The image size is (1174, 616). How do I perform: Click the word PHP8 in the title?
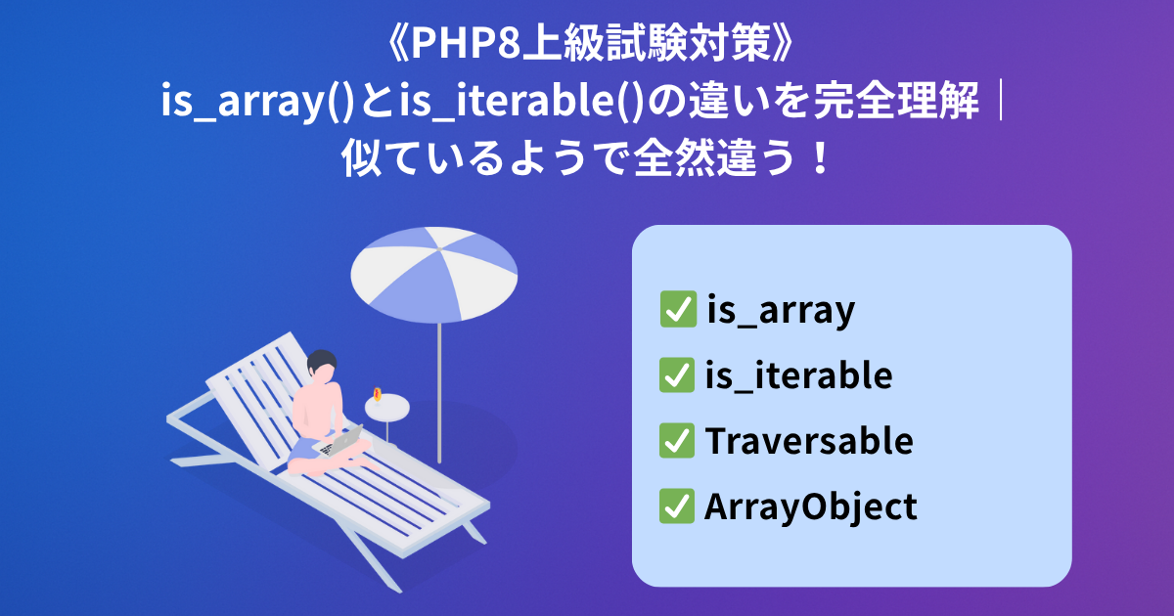[x=466, y=43]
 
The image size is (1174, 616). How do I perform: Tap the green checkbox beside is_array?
[x=678, y=309]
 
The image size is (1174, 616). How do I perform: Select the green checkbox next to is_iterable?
[x=677, y=374]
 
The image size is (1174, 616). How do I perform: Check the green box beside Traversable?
[x=677, y=441]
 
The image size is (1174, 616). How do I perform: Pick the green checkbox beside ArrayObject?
[x=677, y=506]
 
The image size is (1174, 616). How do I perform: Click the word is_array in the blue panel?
[x=781, y=310]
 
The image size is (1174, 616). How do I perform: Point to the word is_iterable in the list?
[x=798, y=374]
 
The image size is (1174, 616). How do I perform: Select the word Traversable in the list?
[x=809, y=441]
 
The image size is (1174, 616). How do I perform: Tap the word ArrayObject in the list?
[x=811, y=507]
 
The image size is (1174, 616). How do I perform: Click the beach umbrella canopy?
[x=434, y=274]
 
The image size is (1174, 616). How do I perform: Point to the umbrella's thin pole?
[x=439, y=393]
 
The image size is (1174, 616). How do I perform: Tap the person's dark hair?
[x=321, y=361]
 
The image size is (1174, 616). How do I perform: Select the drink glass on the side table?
[x=377, y=395]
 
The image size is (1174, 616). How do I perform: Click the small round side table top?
[x=387, y=408]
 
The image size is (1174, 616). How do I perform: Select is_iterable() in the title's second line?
[x=520, y=101]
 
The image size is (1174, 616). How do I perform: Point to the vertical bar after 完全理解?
[x=1001, y=100]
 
